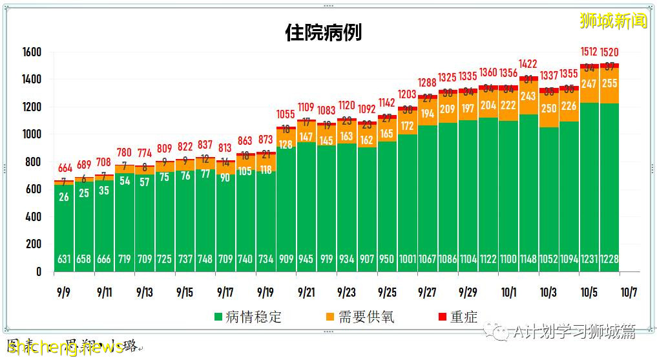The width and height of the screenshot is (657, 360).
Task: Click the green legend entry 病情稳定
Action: click(x=248, y=317)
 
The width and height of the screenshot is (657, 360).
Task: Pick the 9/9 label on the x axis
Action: click(x=64, y=292)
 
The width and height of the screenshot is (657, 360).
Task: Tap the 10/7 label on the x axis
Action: click(x=629, y=292)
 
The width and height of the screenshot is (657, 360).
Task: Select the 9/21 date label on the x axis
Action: click(x=306, y=292)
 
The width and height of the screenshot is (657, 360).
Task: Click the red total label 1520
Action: click(x=609, y=52)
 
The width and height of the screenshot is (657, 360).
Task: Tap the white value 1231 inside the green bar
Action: click(x=589, y=259)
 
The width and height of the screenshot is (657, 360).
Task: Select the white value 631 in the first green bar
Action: click(x=64, y=259)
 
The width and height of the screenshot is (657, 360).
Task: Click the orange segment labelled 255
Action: click(x=609, y=84)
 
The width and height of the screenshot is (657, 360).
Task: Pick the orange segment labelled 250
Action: click(x=548, y=109)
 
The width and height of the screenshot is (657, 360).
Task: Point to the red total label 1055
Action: click(x=286, y=115)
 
